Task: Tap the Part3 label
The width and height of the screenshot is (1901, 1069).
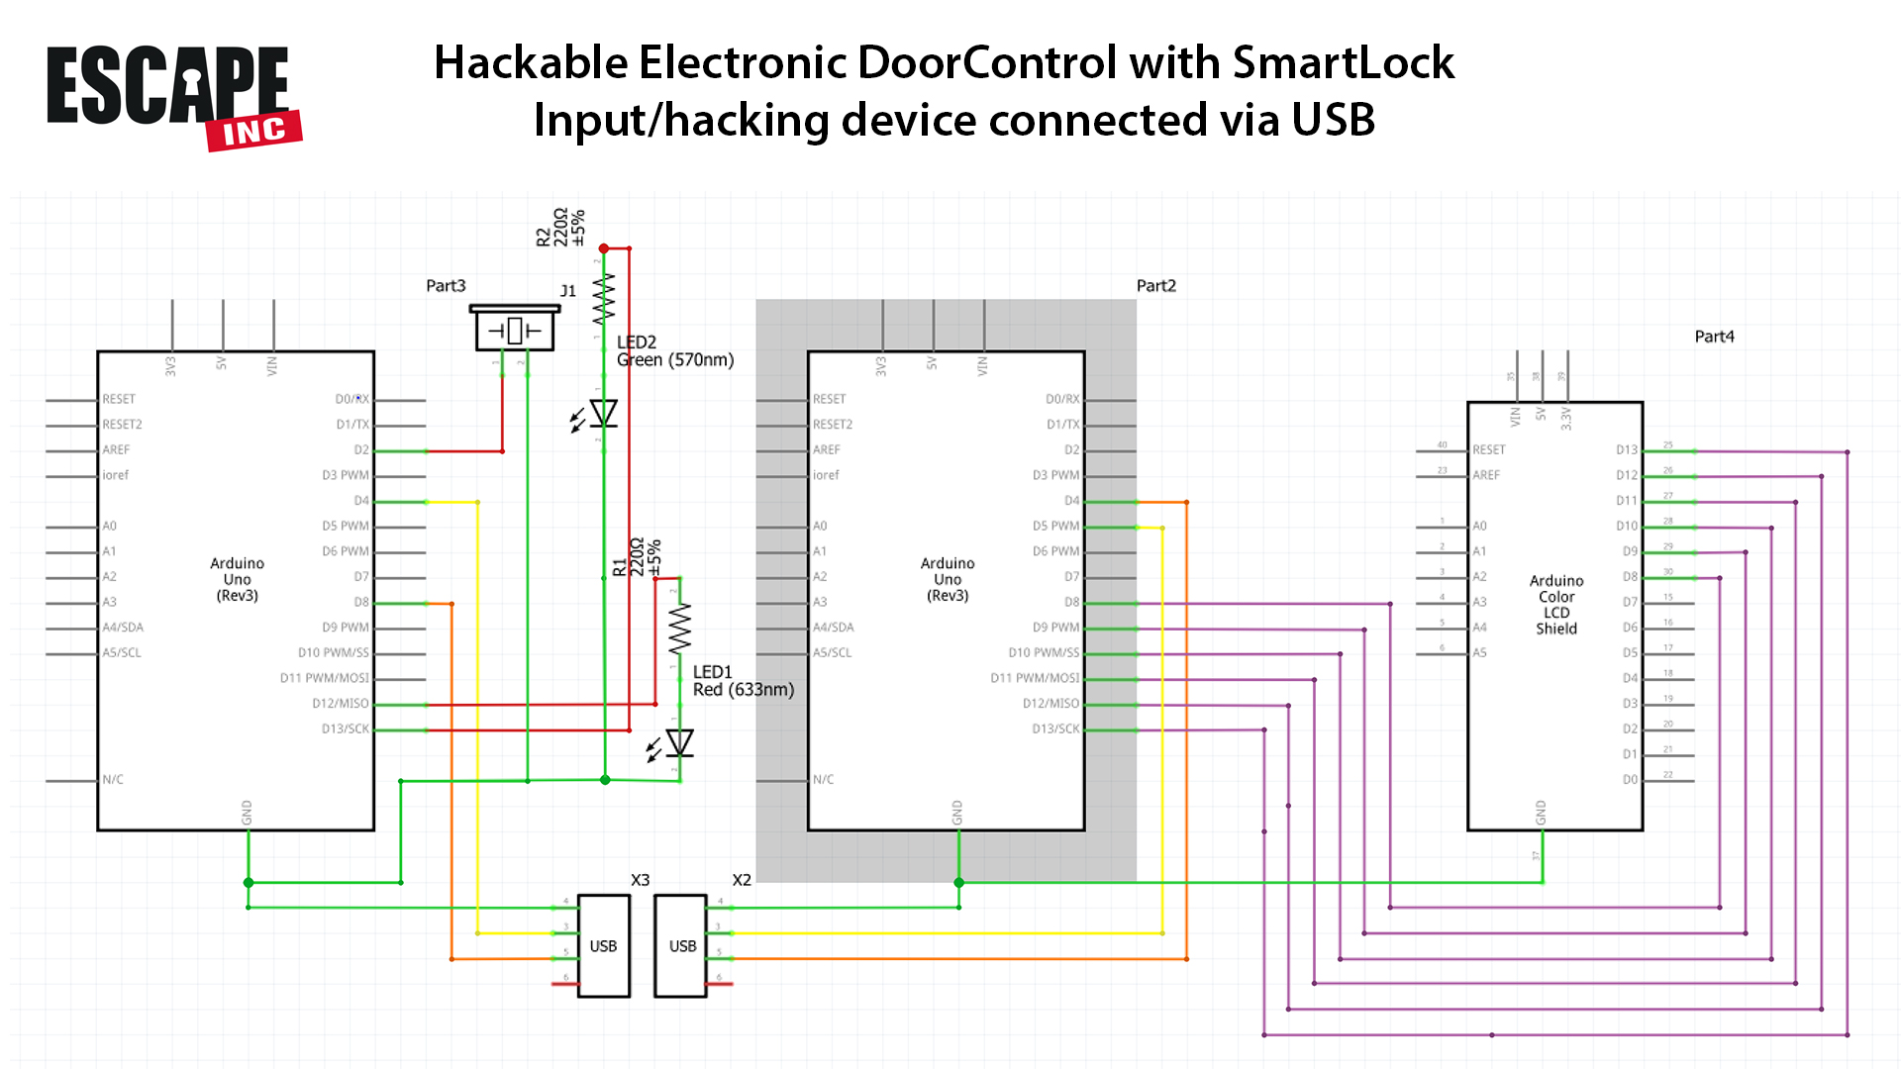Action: point(446,286)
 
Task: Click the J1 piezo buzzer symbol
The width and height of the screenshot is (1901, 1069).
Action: point(514,331)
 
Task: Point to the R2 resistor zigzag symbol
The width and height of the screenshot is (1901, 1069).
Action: point(603,299)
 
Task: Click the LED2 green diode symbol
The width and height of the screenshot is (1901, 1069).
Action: point(603,414)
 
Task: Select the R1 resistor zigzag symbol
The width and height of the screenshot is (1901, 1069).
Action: point(679,629)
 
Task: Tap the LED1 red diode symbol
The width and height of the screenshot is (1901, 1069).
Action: point(679,742)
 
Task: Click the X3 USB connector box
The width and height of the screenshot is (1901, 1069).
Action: point(603,945)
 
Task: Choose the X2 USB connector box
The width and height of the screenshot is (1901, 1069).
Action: point(681,945)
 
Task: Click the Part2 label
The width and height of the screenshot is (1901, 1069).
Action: point(1155,286)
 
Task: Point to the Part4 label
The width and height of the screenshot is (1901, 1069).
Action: point(1714,337)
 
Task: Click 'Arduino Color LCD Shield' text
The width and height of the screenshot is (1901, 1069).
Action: point(1555,604)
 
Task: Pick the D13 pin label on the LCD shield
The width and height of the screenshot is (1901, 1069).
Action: point(1626,450)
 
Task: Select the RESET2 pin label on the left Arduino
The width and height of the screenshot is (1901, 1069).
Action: point(122,425)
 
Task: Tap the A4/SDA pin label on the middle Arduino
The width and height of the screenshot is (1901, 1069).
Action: point(833,628)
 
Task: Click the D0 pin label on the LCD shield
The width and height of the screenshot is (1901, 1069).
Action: point(1630,780)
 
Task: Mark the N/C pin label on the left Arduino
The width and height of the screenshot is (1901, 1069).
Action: point(113,780)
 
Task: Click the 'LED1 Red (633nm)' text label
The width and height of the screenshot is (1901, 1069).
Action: point(743,681)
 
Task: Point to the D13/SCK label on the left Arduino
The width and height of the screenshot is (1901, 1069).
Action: point(345,729)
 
